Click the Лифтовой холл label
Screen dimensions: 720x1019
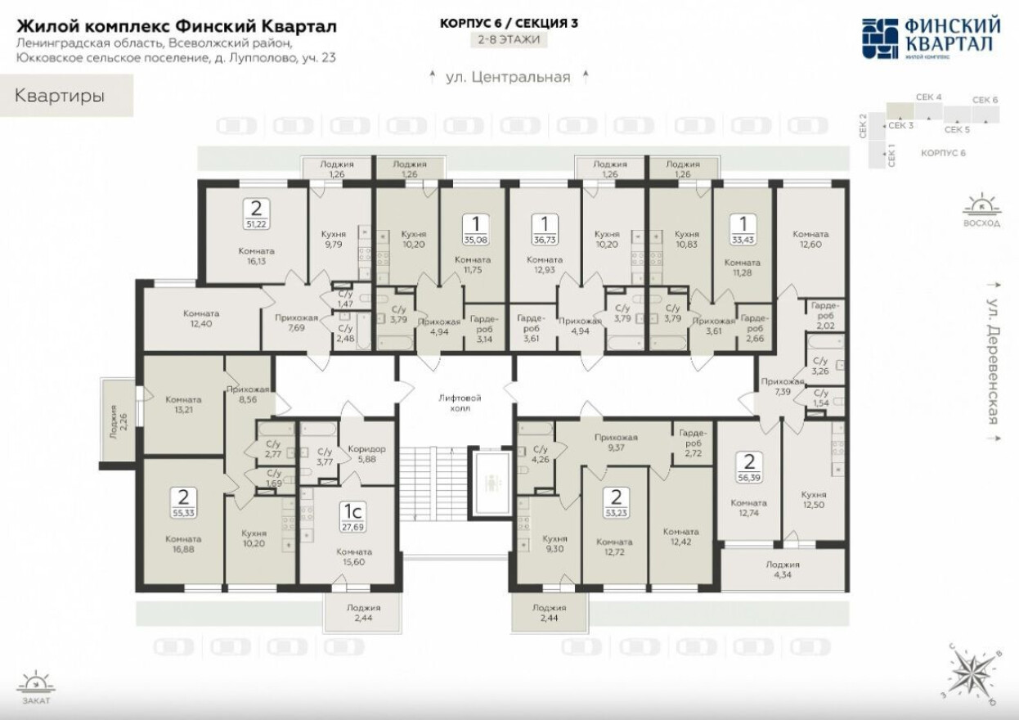[460, 403]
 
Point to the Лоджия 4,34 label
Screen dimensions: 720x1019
[783, 570]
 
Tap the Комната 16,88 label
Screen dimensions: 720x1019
[182, 545]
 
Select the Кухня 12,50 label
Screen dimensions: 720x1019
[814, 500]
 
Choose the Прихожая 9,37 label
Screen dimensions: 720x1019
[617, 443]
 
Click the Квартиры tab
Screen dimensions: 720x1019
[60, 96]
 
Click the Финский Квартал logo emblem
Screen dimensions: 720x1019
[881, 38]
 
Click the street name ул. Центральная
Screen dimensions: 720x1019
[508, 78]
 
